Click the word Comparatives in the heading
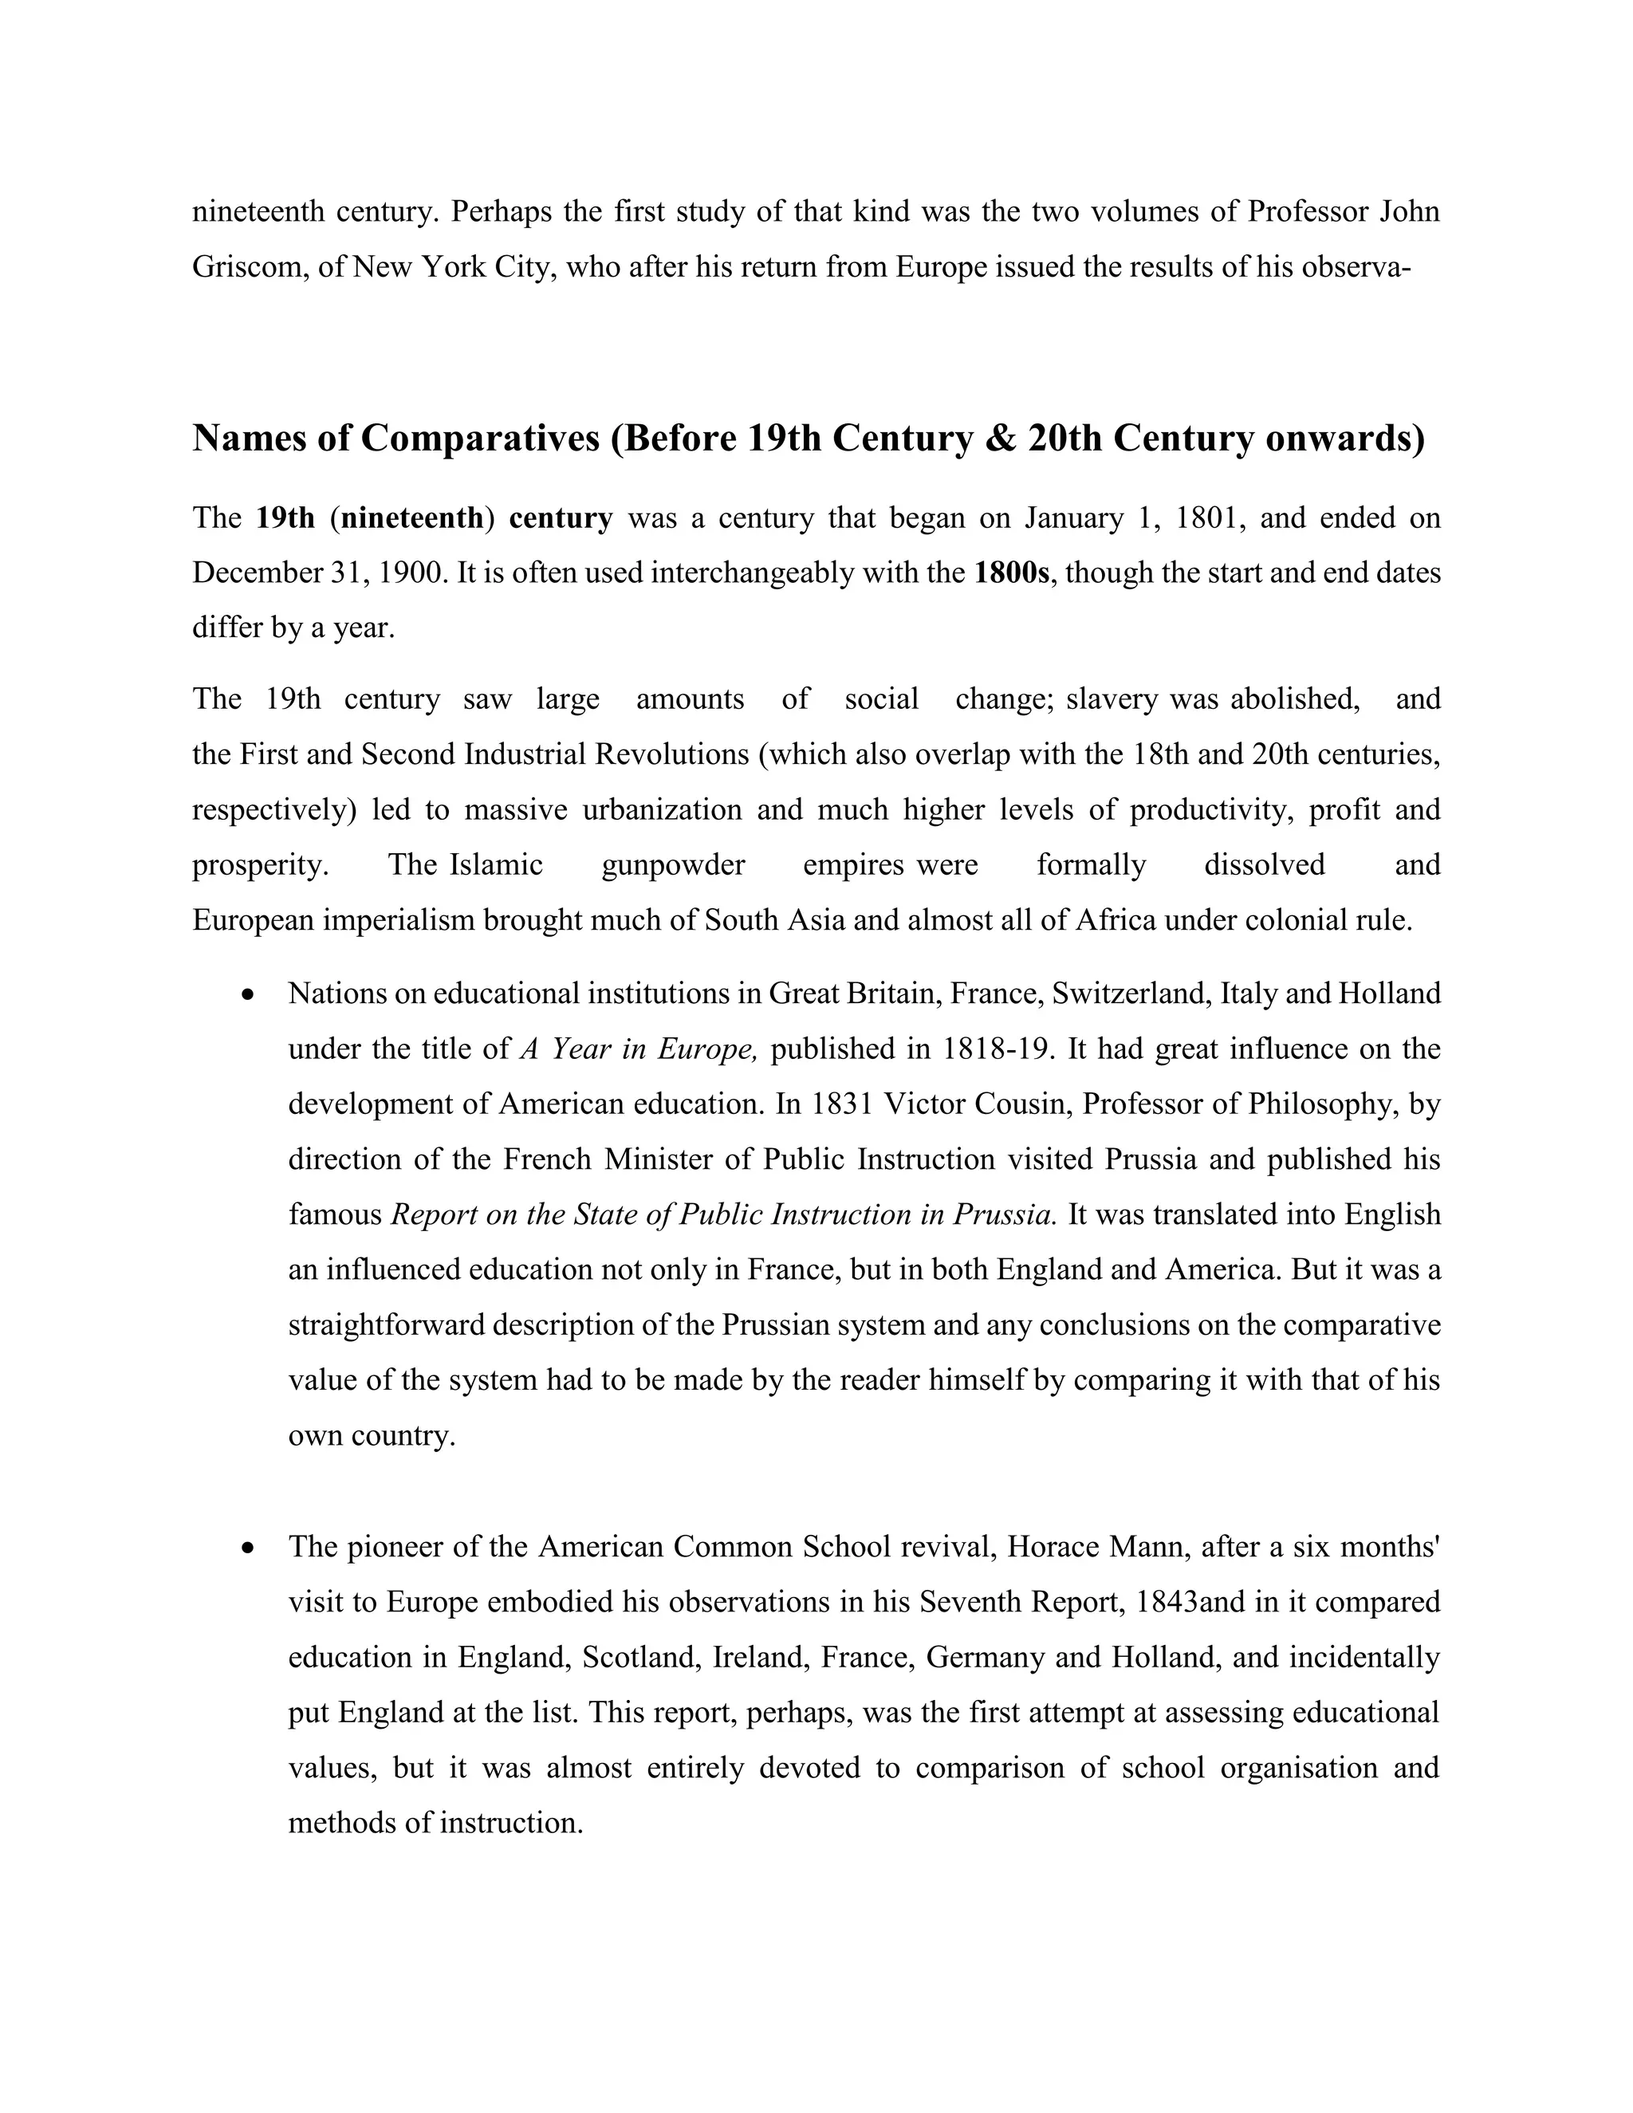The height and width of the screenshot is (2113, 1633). [480, 439]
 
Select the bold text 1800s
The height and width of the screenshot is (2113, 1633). [1011, 573]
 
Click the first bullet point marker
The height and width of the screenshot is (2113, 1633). [250, 994]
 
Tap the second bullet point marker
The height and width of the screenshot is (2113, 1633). [250, 1548]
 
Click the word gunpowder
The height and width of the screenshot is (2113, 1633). [673, 864]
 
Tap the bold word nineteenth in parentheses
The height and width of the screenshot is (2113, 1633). [412, 517]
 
